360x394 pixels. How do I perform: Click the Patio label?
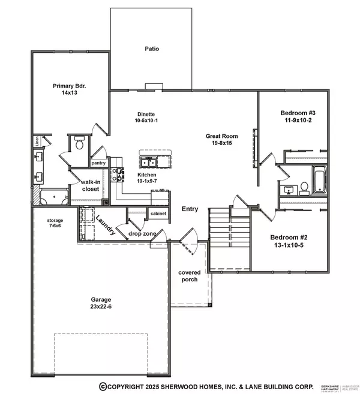tap(151, 49)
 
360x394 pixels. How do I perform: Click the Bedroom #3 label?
tap(293, 113)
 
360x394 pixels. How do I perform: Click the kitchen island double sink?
tap(148, 161)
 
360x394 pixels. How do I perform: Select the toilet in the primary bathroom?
tap(79, 143)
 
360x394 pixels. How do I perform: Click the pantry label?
tap(98, 163)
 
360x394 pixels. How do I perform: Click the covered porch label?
tap(188, 276)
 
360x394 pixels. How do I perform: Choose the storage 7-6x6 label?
tap(55, 224)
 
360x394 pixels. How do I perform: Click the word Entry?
tap(190, 209)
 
